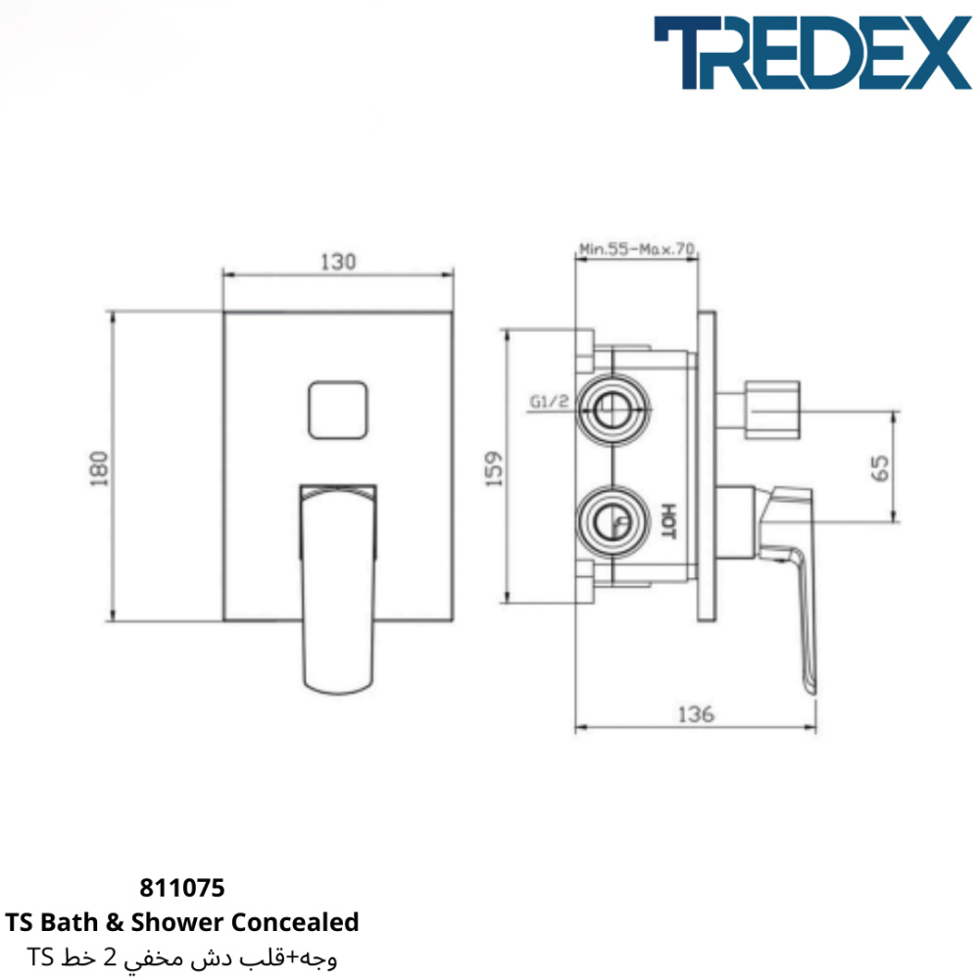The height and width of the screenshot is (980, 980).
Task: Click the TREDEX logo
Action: coord(812,53)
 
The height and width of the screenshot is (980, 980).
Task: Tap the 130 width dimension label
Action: coord(338,262)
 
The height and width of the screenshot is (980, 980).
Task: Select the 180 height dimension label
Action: coord(99,468)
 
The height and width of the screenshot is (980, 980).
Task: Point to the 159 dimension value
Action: coord(494,468)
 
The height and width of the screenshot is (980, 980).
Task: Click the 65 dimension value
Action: coord(879,468)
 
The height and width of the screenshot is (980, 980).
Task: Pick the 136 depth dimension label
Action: coord(696,713)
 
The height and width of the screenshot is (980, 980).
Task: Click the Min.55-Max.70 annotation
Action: coord(636,249)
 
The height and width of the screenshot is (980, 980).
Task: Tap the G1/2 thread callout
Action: coord(550,401)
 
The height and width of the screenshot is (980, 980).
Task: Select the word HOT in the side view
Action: coord(668,520)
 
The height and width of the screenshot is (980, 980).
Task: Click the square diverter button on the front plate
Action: coord(337,410)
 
